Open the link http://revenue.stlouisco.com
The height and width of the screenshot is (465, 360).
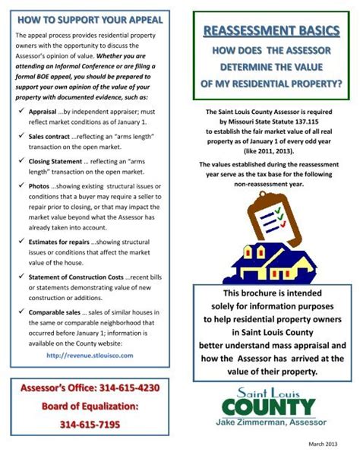coord(90,355)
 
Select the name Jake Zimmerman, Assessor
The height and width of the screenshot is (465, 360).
coord(270,432)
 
